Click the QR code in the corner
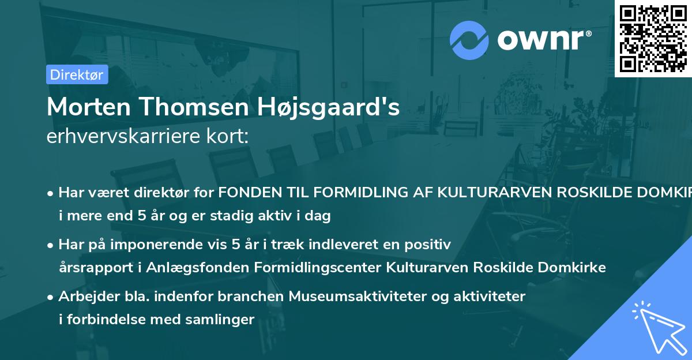click(653, 38)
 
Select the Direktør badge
click(77, 74)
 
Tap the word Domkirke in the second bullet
click(578, 268)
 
